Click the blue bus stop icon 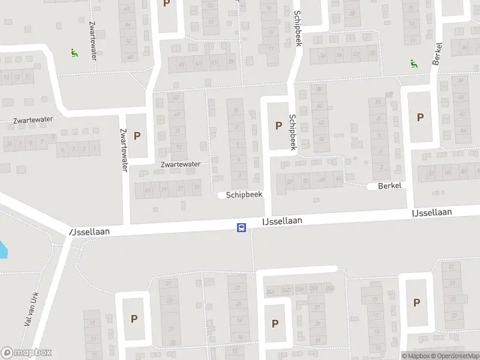(x=241, y=227)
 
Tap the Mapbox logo (x=26, y=353)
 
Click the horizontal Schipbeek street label (x=244, y=195)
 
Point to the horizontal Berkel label (x=388, y=186)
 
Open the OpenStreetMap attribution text (x=455, y=356)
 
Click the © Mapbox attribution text (x=415, y=356)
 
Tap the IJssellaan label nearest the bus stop (x=282, y=221)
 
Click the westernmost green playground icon (x=73, y=53)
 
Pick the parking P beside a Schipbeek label (x=278, y=125)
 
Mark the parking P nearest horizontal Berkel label (x=419, y=118)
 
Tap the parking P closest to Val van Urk (x=134, y=319)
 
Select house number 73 (x=178, y=148)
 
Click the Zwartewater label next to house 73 (x=180, y=163)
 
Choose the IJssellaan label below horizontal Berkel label (x=431, y=212)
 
